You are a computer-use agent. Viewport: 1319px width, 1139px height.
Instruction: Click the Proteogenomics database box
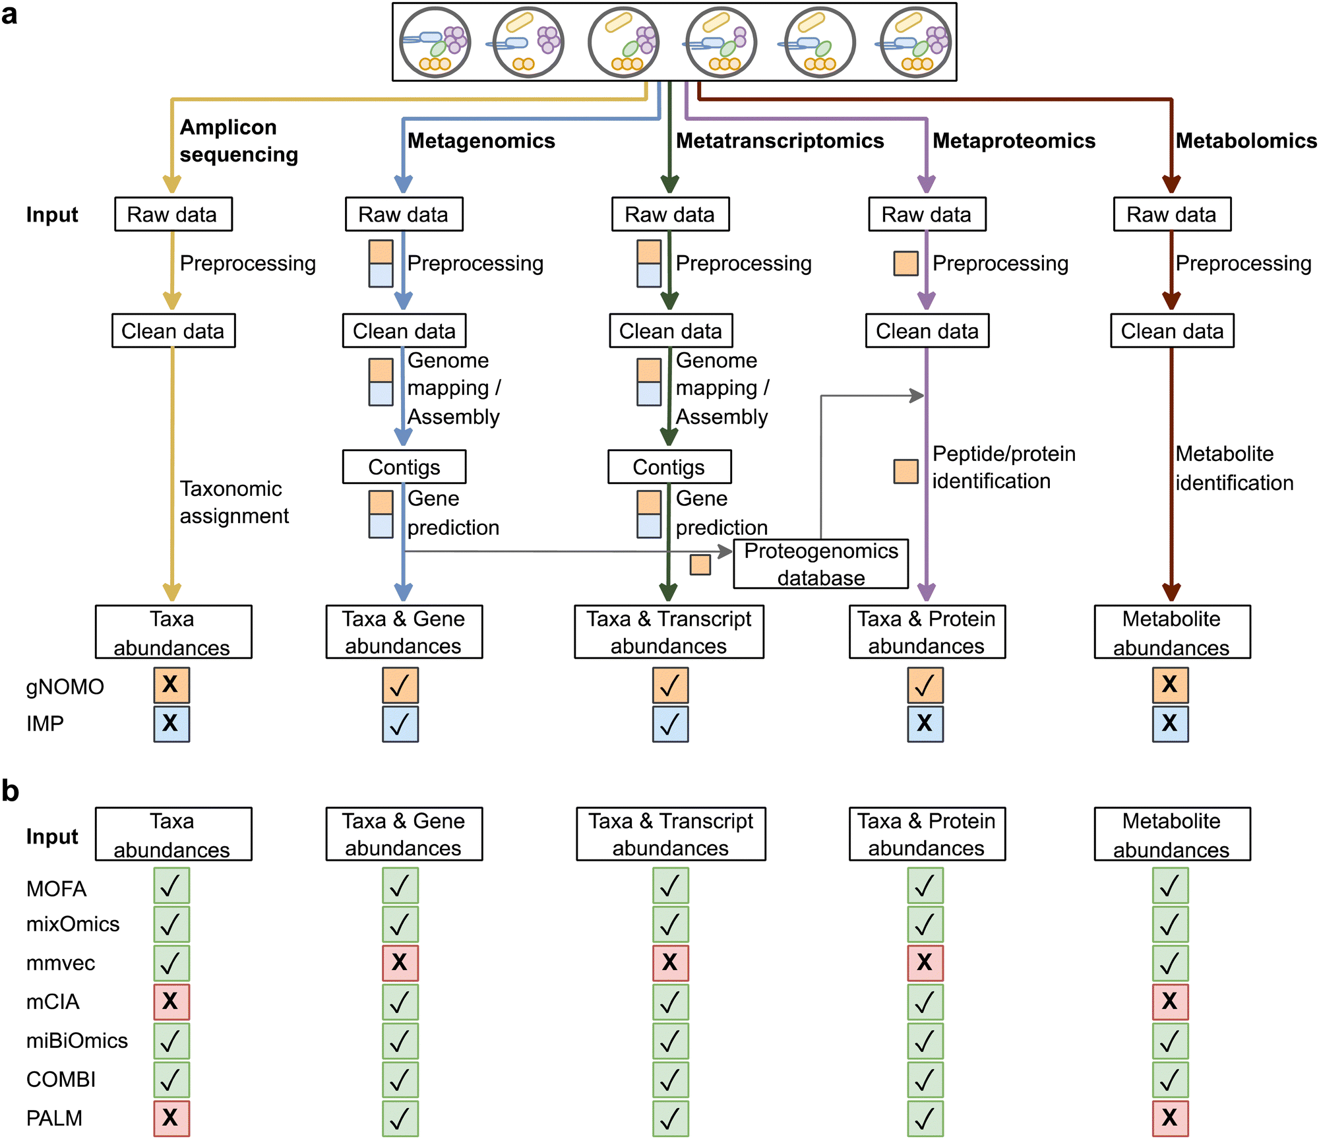coord(820,564)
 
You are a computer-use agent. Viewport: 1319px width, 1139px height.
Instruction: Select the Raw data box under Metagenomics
coord(404,214)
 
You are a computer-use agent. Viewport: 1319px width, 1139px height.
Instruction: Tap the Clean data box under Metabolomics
coord(1172,331)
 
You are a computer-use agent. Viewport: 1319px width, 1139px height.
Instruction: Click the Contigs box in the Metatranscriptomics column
coord(669,467)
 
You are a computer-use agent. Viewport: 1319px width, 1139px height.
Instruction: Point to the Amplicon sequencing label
coord(238,140)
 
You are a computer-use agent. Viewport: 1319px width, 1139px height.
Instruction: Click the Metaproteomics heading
coord(1014,140)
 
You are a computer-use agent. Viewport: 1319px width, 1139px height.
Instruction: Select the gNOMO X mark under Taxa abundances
coord(171,685)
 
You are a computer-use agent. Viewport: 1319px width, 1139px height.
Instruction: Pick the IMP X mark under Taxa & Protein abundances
coord(925,723)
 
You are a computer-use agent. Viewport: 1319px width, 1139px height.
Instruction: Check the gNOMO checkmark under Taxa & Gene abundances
coord(400,685)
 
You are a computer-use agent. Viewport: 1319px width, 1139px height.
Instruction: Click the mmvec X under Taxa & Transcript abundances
coord(670,962)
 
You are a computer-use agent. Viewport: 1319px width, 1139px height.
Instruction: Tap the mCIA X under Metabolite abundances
coord(1170,1001)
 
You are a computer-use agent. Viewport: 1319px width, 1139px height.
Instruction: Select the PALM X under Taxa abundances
coord(171,1118)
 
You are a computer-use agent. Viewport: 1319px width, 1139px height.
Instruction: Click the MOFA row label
coord(57,889)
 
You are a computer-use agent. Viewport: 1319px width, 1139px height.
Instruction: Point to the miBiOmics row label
coord(77,1041)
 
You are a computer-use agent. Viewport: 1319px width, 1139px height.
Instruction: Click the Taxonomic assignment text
coord(233,502)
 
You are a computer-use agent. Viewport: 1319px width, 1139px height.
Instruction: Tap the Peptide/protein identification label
coord(1003,467)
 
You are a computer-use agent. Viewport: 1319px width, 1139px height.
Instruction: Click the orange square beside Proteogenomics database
coord(700,565)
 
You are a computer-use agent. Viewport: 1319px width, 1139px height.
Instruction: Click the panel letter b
coord(11,790)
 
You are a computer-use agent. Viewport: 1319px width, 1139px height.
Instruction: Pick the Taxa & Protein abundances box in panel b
coord(927,834)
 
